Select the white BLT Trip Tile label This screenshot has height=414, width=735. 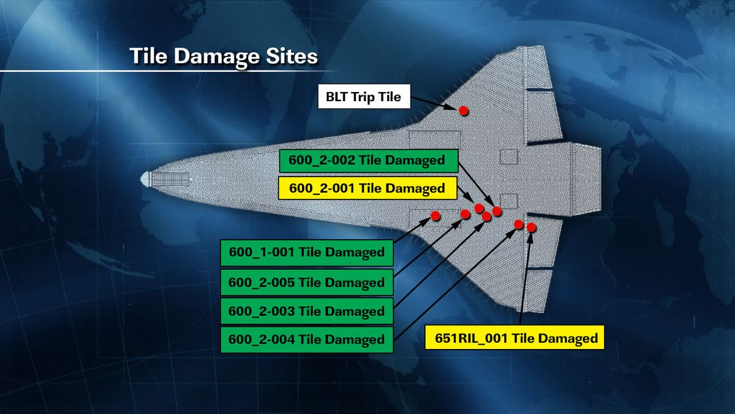[364, 97]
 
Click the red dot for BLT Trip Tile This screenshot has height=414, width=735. [464, 110]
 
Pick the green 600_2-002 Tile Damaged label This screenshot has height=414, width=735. [369, 161]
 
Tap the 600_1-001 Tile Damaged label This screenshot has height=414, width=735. [306, 252]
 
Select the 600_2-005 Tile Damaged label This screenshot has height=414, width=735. [306, 283]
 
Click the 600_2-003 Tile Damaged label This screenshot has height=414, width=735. [306, 311]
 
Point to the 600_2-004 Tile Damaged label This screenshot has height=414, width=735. [306, 339]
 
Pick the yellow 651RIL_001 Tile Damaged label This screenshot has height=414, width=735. [514, 337]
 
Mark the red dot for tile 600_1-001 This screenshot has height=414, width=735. [435, 215]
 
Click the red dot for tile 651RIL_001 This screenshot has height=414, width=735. [531, 228]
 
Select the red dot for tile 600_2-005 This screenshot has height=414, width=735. [465, 214]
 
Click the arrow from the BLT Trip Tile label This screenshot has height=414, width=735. [435, 102]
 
